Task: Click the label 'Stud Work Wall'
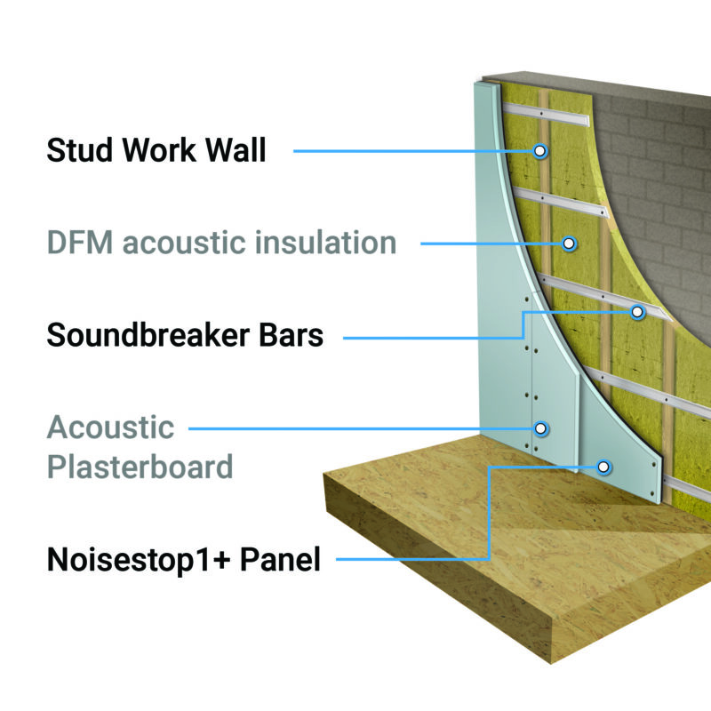tap(156, 150)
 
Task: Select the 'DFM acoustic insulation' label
tap(221, 242)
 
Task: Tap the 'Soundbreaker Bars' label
tap(184, 337)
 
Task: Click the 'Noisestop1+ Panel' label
tap(183, 560)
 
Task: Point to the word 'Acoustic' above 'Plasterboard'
tap(110, 427)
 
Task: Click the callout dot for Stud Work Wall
tap(540, 151)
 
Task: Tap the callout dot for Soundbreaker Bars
tap(637, 312)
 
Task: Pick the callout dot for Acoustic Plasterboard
tap(541, 429)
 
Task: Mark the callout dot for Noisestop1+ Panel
tap(605, 466)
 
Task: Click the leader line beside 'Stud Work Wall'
tap(409, 151)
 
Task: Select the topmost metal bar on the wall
tap(542, 111)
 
